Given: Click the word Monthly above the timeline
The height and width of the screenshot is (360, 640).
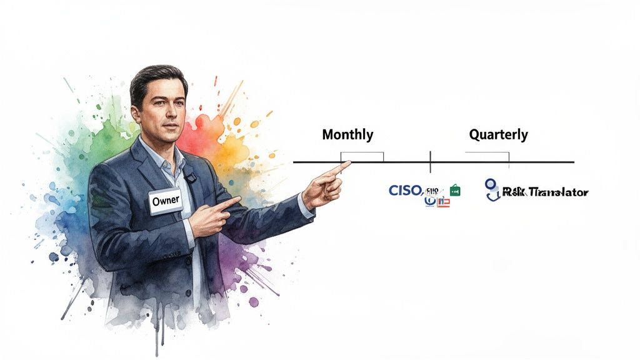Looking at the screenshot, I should click(347, 134).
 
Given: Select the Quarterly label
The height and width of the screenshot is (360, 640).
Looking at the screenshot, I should click(498, 134).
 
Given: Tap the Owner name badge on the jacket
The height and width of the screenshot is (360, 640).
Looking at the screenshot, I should click(166, 200).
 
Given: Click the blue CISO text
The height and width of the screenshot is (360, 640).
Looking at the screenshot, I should click(405, 190).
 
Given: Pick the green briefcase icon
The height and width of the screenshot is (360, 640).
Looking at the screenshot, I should click(454, 190).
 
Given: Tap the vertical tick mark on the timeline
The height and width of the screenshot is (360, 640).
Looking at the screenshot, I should click(430, 162).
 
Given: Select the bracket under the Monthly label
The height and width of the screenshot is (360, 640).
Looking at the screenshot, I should click(362, 156).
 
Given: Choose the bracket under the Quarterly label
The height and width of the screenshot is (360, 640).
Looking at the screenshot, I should click(487, 156).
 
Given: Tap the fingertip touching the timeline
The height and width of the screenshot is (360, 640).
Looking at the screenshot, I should click(346, 164).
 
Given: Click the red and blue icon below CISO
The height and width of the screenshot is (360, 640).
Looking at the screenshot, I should click(442, 202).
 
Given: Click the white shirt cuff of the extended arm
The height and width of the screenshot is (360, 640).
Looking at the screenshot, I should click(305, 206).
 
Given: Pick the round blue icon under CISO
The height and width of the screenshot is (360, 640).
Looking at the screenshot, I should click(429, 200).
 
